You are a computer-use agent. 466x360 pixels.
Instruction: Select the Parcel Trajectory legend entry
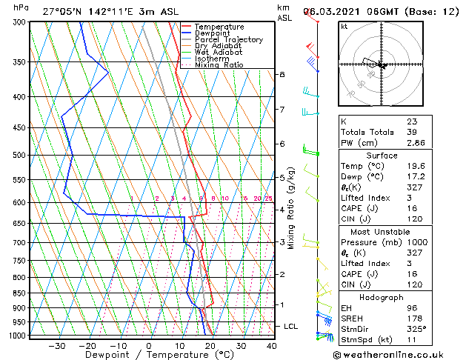tap(224, 39)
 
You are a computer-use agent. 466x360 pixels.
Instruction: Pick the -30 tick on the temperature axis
tap(56, 345)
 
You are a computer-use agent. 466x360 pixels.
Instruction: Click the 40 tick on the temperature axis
tap(271, 345)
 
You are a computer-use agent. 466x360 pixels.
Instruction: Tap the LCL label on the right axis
tap(291, 326)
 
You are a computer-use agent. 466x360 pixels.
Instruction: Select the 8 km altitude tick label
tap(282, 75)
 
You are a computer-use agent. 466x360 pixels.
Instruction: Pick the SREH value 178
tap(414, 319)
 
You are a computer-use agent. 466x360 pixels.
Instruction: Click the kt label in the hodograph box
tap(344, 26)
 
